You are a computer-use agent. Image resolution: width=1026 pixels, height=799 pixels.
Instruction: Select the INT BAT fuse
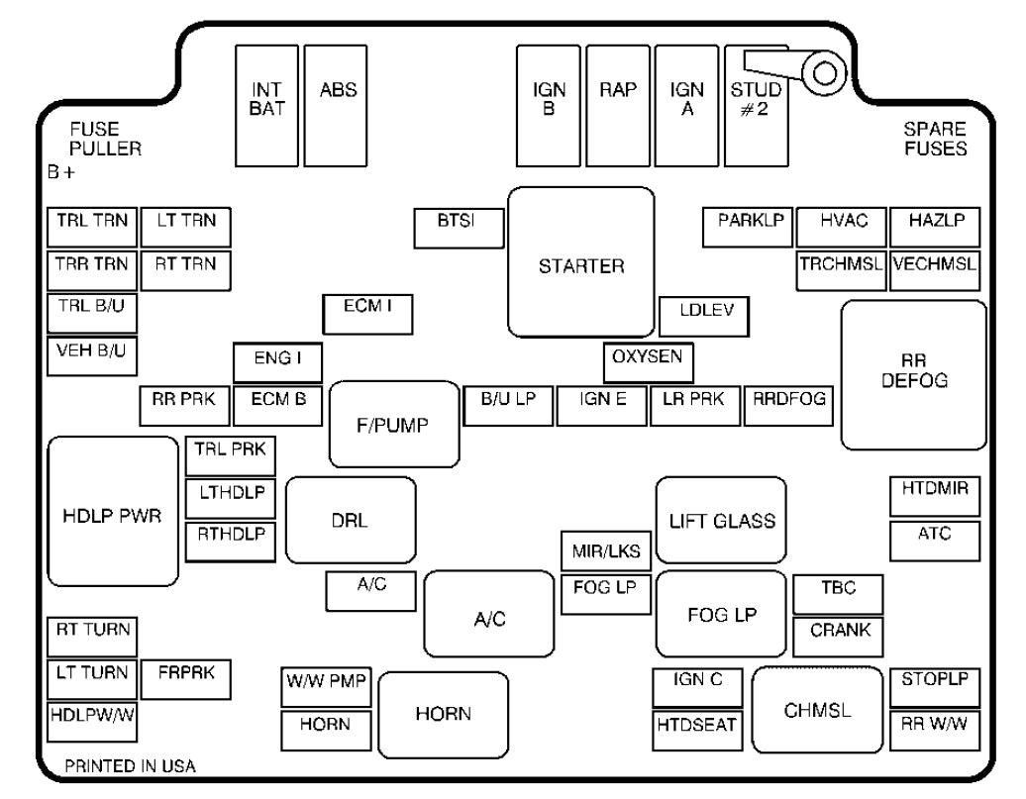click(267, 105)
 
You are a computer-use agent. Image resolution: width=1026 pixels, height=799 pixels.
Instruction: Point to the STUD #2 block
click(755, 107)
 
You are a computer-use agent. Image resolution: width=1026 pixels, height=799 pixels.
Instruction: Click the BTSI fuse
click(458, 229)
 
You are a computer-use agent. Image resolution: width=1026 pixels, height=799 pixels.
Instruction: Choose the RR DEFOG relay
click(913, 374)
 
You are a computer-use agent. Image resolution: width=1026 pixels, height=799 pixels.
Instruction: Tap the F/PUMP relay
click(393, 424)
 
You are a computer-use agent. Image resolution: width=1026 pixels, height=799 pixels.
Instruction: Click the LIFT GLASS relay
click(721, 521)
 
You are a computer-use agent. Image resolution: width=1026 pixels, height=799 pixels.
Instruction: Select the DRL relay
click(350, 521)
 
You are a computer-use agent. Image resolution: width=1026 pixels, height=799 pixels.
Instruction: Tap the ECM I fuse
click(367, 315)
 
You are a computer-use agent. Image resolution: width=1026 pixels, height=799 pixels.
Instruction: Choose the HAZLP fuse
click(934, 228)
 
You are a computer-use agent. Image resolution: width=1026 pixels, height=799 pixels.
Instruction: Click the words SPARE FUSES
click(935, 140)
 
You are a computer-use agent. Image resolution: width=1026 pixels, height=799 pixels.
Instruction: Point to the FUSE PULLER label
click(105, 140)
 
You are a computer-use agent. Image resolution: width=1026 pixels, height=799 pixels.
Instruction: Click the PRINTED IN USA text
click(131, 766)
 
